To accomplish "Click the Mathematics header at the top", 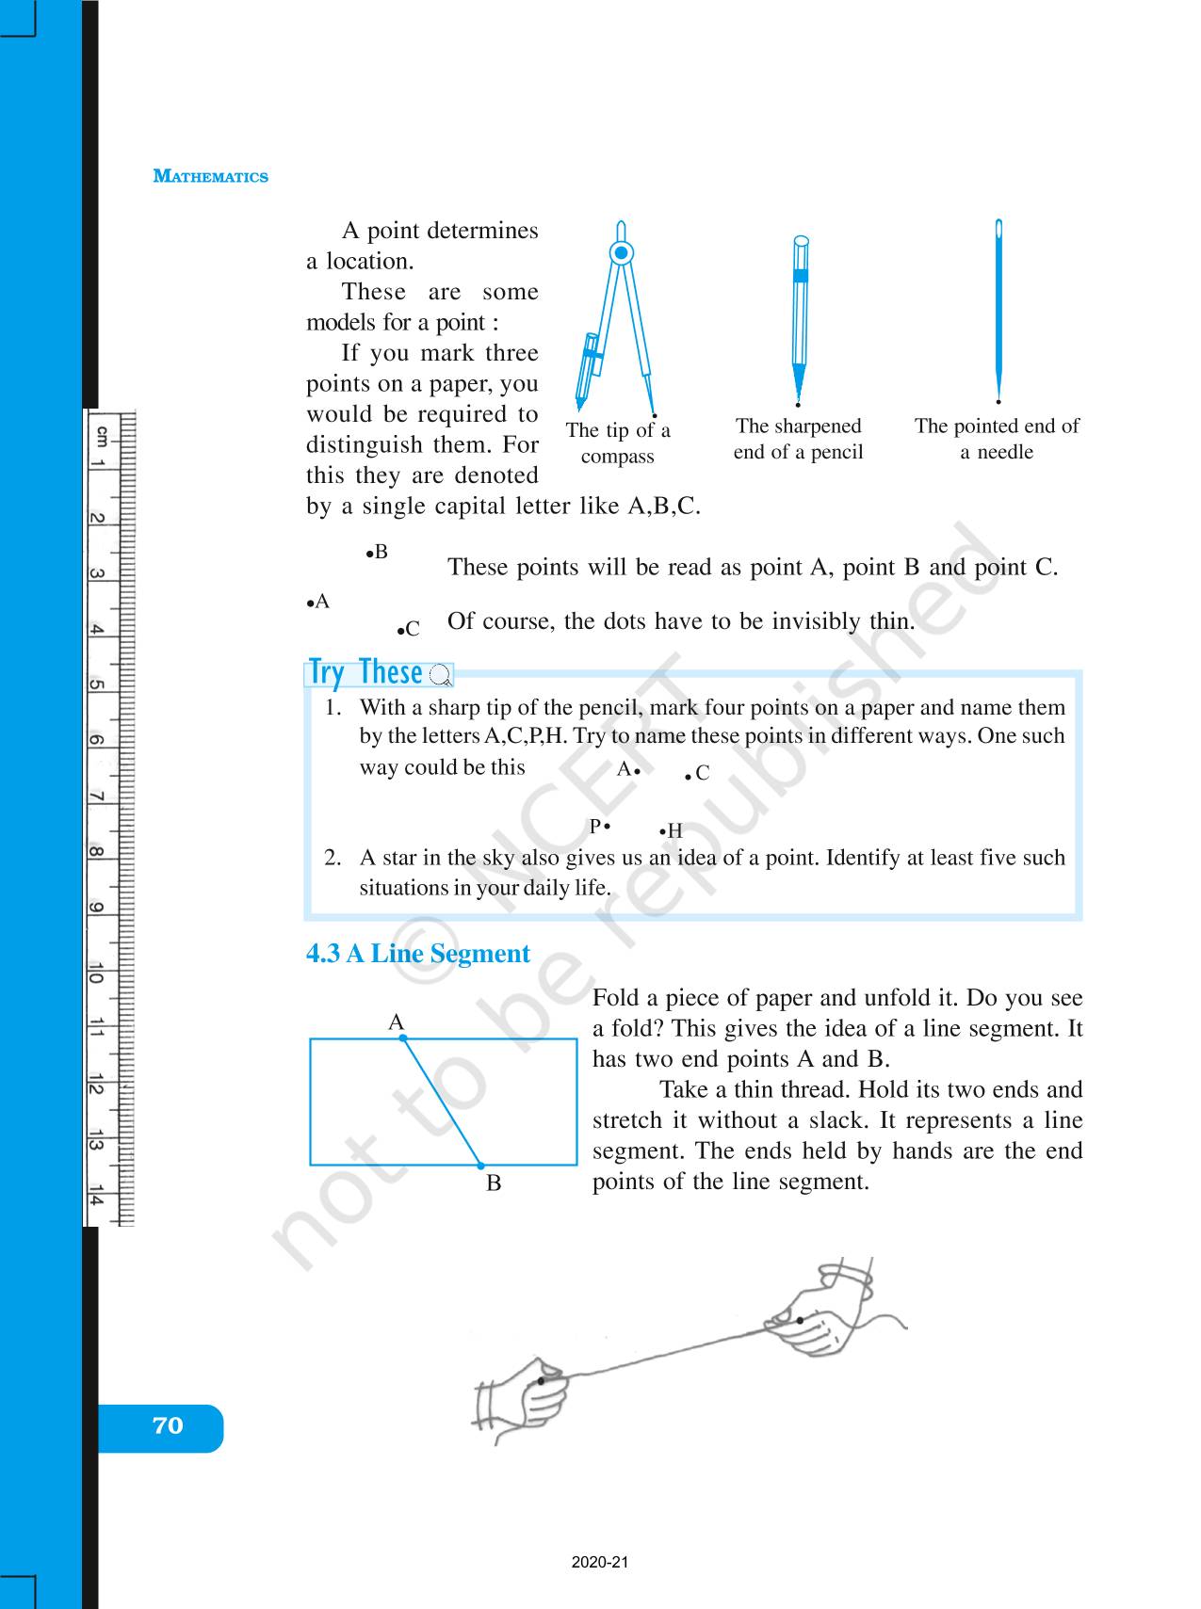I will click(210, 177).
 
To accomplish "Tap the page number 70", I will click(167, 1425).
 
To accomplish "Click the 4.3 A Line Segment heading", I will click(417, 954).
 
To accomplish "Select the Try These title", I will click(365, 673).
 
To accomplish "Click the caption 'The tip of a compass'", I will click(618, 443).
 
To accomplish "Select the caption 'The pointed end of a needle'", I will click(997, 439).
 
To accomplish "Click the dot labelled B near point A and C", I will click(369, 553).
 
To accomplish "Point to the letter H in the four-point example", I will click(674, 831).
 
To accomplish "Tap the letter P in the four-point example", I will click(594, 827).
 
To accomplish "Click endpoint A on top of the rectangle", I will click(403, 1038).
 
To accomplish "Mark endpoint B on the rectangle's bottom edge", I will click(480, 1166).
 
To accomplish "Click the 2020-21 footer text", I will click(599, 1562).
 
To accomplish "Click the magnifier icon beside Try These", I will click(440, 675).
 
